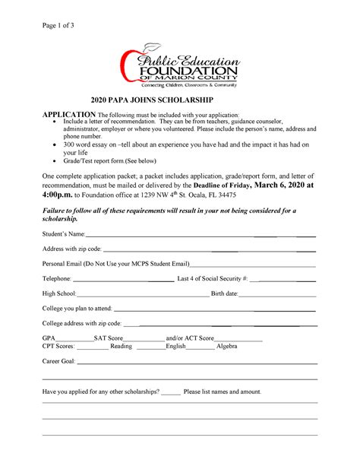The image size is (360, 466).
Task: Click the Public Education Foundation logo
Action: (x=180, y=65)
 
